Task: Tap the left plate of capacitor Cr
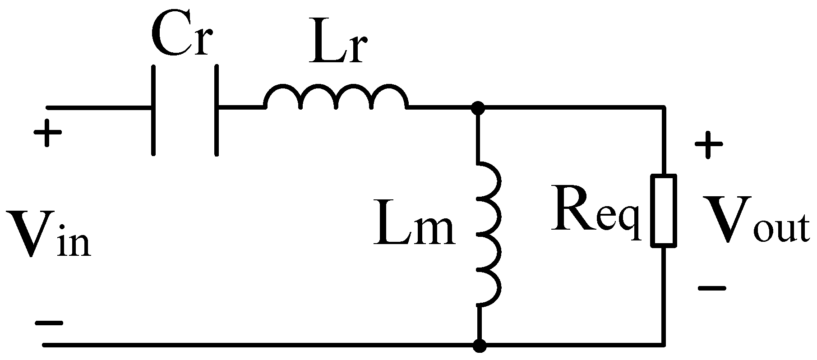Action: point(154,111)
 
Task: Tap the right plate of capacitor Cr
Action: point(217,111)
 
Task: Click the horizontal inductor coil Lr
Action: point(336,97)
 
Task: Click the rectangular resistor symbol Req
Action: point(663,211)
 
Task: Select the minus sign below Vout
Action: point(711,288)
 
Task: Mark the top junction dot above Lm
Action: point(478,108)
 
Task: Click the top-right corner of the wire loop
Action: point(664,108)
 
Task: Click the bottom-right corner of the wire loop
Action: point(664,346)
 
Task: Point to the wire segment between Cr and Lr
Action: point(241,108)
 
